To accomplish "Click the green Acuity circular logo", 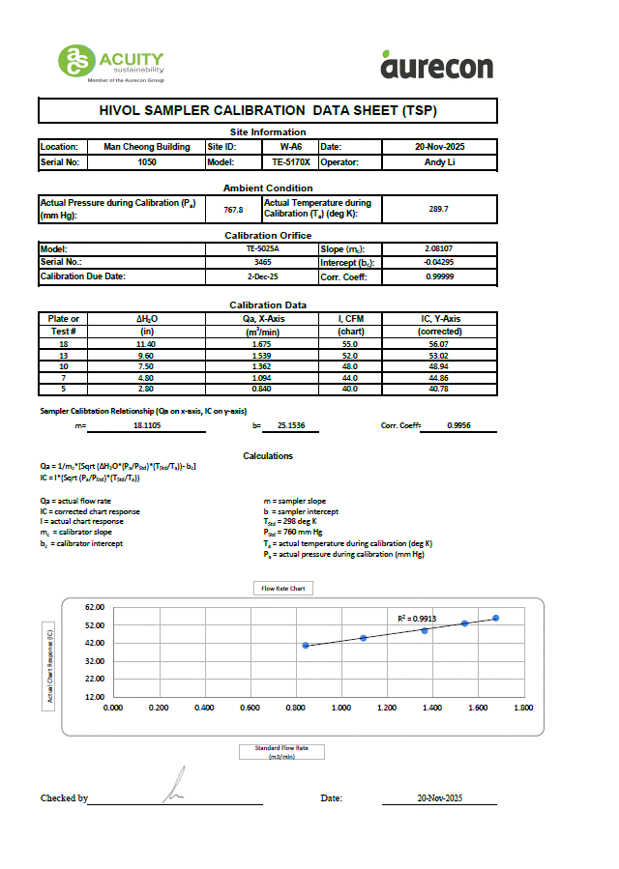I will click(76, 62).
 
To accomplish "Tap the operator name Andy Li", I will click(440, 162).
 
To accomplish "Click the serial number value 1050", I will click(146, 162).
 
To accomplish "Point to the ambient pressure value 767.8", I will click(233, 209).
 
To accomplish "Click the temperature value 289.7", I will click(440, 209).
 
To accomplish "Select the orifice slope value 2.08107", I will click(440, 248).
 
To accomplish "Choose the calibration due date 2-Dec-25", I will click(262, 276).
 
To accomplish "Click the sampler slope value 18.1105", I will click(147, 424).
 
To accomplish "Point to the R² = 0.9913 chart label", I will click(417, 617).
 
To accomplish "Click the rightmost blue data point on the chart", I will click(495, 618).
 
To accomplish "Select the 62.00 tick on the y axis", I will click(94, 607).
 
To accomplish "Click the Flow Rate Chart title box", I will click(283, 588).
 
